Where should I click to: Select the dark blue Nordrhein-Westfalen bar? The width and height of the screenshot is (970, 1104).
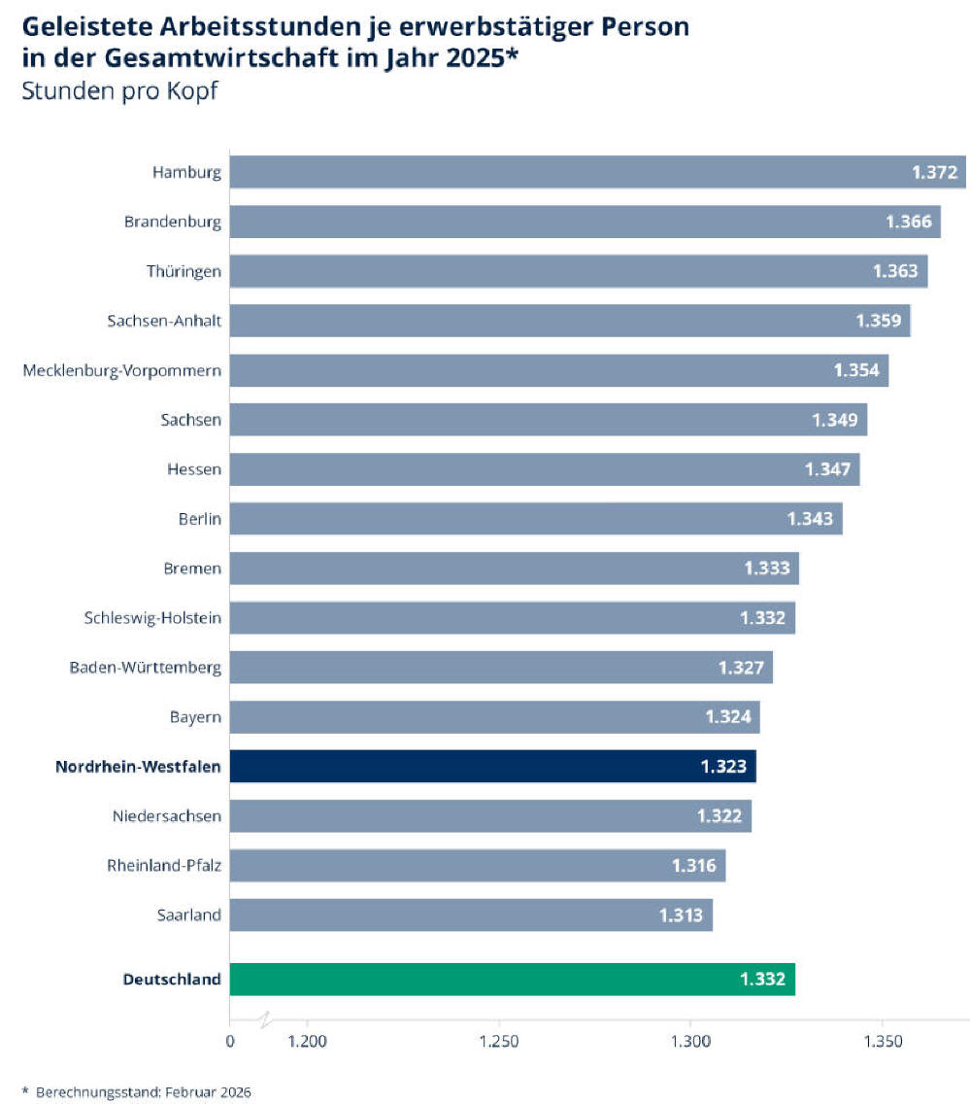(x=485, y=767)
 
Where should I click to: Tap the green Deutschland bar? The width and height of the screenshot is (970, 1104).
(x=505, y=979)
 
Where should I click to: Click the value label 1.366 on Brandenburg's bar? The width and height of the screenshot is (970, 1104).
(x=909, y=222)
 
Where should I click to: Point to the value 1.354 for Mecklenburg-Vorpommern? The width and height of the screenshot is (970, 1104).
(x=856, y=370)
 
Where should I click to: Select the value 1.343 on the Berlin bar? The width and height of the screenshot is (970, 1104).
(x=811, y=519)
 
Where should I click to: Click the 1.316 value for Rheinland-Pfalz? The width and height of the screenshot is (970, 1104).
(x=693, y=865)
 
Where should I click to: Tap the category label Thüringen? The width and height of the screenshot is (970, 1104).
(x=184, y=271)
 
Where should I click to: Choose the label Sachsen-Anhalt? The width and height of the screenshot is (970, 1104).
(x=164, y=321)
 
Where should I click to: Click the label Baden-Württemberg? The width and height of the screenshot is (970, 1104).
(x=146, y=668)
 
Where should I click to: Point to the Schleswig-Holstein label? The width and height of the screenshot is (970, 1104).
(x=153, y=618)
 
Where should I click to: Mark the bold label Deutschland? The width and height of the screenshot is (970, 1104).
(x=172, y=980)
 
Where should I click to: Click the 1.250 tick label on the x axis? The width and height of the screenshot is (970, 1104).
(x=499, y=1043)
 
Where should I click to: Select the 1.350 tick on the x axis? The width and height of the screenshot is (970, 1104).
(x=882, y=1043)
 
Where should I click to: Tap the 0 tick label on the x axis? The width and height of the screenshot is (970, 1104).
(x=230, y=1043)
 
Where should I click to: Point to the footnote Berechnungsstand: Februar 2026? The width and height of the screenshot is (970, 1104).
(x=143, y=1092)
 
